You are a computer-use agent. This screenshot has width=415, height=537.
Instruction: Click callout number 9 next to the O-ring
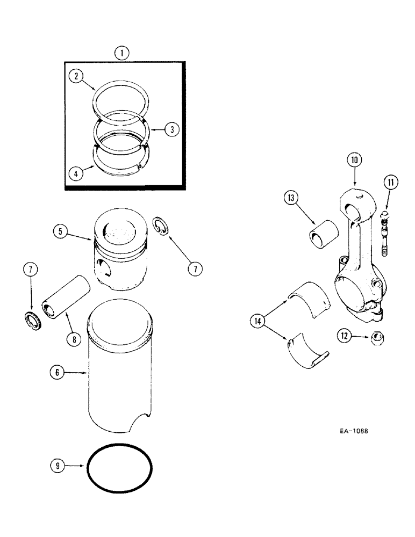tap(56, 467)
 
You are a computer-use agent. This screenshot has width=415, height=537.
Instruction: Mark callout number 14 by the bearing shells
tap(259, 322)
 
